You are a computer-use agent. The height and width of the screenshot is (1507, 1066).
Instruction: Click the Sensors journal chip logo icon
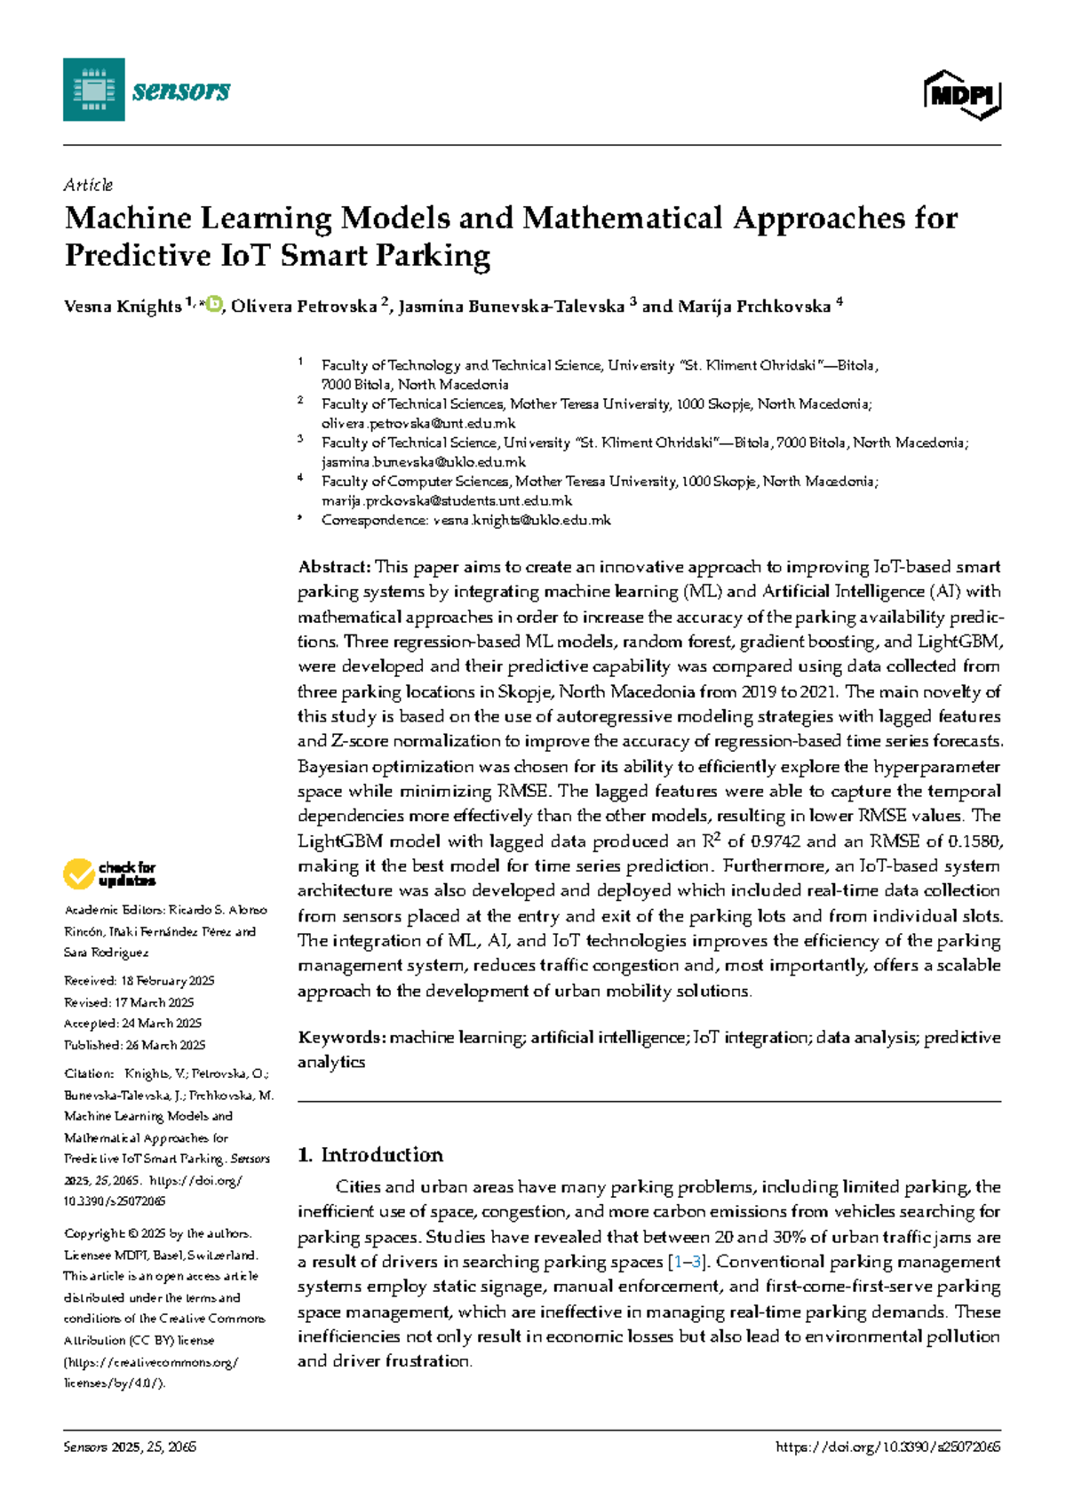[x=93, y=90]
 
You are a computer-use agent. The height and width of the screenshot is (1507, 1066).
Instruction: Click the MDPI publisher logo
[x=962, y=94]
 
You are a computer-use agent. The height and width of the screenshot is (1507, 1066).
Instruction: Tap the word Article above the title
[x=88, y=185]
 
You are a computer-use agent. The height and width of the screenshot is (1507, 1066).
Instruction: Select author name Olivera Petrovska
[x=304, y=307]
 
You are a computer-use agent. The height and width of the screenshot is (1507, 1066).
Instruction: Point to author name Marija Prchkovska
[x=754, y=307]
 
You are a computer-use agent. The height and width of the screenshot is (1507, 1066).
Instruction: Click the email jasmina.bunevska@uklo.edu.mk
[x=424, y=462]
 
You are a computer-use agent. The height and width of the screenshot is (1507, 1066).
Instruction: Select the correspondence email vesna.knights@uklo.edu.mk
[x=521, y=520]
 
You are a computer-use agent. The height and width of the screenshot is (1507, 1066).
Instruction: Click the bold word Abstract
[x=333, y=567]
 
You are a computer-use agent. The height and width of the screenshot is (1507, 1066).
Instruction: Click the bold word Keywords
[x=339, y=1037]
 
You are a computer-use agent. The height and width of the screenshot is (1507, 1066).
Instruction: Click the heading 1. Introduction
[x=370, y=1154]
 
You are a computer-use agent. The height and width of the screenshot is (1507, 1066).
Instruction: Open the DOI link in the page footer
[x=887, y=1447]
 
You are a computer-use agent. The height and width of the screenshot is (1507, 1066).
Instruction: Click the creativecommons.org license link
[x=151, y=1361]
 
